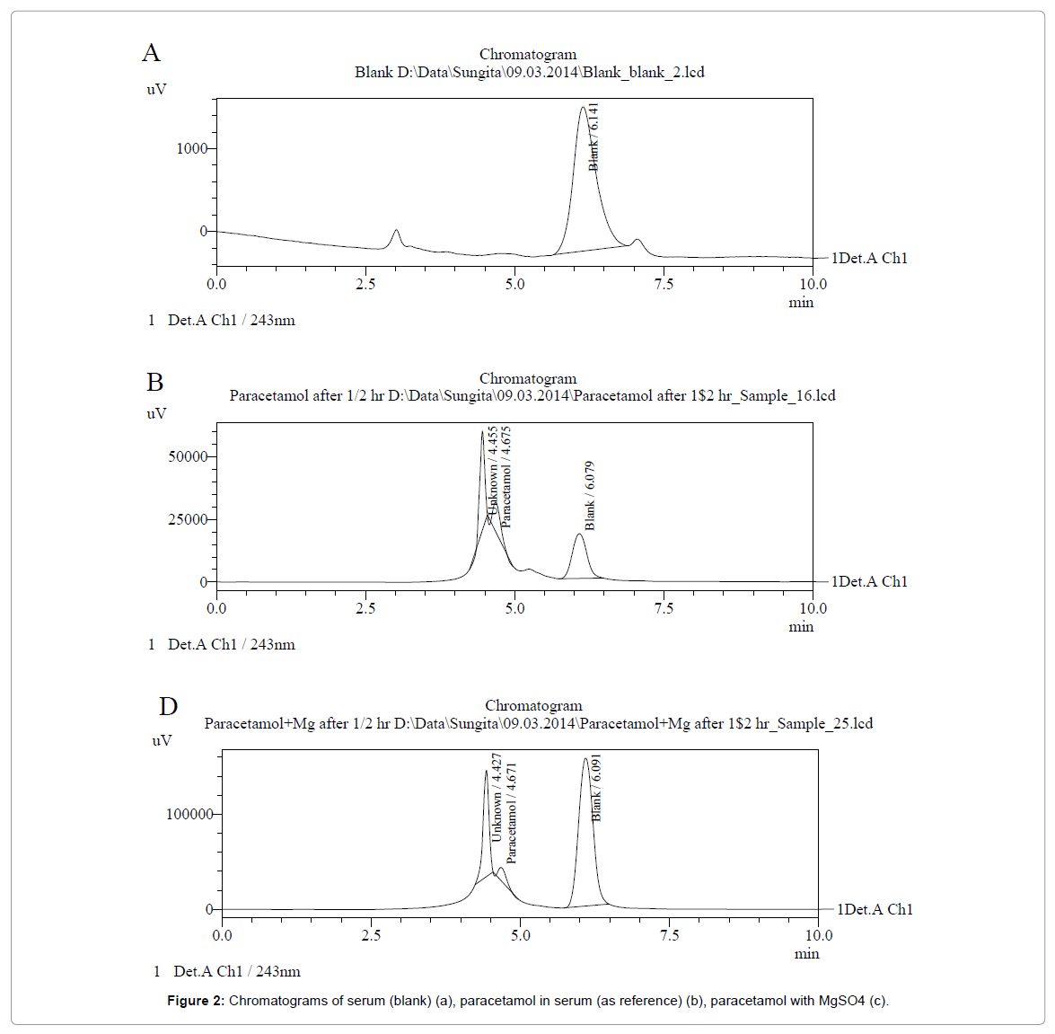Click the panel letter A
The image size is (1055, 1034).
[151, 53]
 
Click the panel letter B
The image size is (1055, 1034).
[154, 383]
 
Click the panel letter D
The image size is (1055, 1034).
[168, 707]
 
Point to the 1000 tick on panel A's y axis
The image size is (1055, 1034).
[191, 148]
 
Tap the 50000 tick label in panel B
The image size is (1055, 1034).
[188, 456]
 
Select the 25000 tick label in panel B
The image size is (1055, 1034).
[188, 519]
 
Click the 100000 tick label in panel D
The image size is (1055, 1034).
[189, 814]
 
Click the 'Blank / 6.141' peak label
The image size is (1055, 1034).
[593, 137]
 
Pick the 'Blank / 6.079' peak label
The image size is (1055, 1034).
[590, 496]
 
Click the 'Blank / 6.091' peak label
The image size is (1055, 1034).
[597, 788]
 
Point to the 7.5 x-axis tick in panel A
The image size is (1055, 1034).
[664, 284]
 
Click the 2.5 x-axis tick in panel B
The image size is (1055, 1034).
[365, 608]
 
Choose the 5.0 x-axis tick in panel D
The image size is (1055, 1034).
[521, 935]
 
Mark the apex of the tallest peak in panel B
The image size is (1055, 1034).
[482, 432]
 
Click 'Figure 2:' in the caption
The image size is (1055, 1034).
[196, 1001]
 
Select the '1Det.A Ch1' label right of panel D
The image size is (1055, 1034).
[875, 909]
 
